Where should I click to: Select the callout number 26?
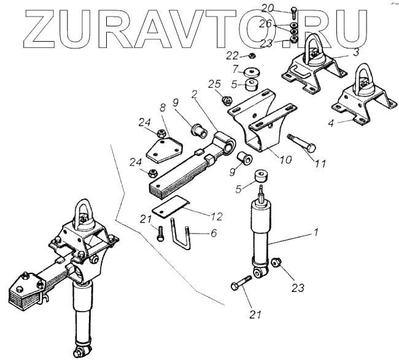[283, 24]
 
